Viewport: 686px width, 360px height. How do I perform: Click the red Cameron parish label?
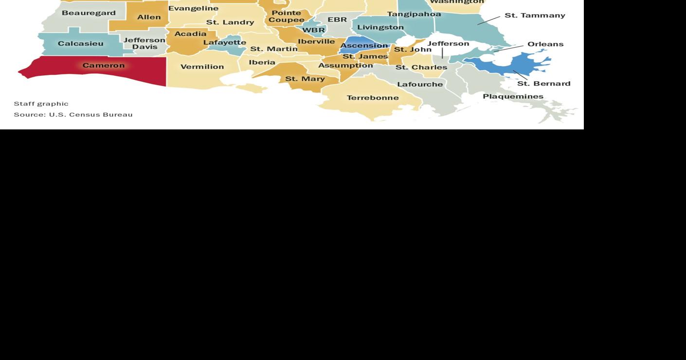(103, 65)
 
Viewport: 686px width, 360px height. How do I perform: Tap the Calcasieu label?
(80, 44)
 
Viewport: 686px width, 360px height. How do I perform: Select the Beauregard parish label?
(89, 13)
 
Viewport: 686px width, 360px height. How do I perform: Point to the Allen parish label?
(149, 18)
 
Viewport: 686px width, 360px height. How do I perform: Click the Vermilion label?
(202, 67)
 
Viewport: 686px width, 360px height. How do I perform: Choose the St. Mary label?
(305, 79)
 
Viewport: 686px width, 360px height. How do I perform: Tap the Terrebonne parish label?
(372, 98)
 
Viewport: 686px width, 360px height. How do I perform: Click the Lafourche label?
(420, 84)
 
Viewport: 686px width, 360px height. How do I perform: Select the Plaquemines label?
(513, 96)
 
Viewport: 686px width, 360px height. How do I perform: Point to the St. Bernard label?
(543, 84)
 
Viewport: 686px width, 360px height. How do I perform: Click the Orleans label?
(545, 44)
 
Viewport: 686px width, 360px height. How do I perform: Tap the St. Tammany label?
(535, 16)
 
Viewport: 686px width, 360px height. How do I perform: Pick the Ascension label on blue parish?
(364, 46)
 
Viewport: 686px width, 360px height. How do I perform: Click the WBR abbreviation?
(313, 30)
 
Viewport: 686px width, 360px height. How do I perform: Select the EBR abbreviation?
(337, 20)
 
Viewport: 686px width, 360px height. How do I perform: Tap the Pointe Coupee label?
(286, 17)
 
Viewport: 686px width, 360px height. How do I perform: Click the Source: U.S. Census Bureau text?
(73, 115)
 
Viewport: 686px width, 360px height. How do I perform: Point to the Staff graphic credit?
(41, 104)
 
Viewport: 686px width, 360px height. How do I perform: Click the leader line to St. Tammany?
(488, 20)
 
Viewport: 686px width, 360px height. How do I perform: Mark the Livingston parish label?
(380, 27)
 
